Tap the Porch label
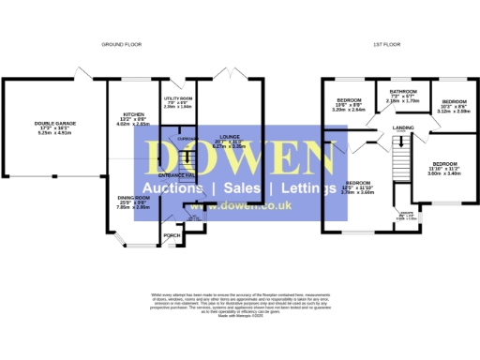click(172, 234)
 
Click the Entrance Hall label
click(177, 175)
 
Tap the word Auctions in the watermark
click(177, 187)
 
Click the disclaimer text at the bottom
click(239, 307)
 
